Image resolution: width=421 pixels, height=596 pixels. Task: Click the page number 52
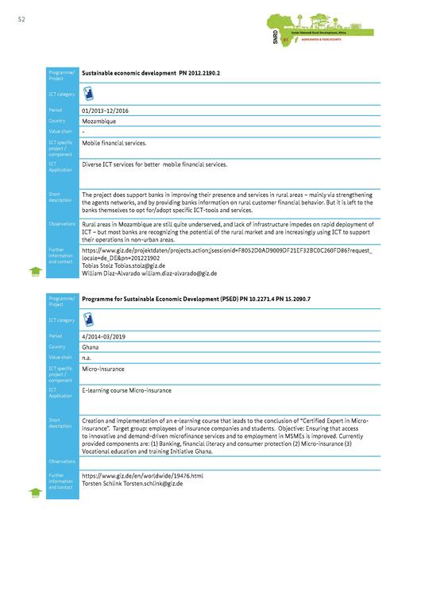tap(21, 20)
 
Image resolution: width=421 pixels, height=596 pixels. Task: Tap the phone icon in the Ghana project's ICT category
tap(89, 319)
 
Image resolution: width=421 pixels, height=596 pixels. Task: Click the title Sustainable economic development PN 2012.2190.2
tap(151, 72)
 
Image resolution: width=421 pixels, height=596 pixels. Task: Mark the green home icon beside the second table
tap(35, 493)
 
